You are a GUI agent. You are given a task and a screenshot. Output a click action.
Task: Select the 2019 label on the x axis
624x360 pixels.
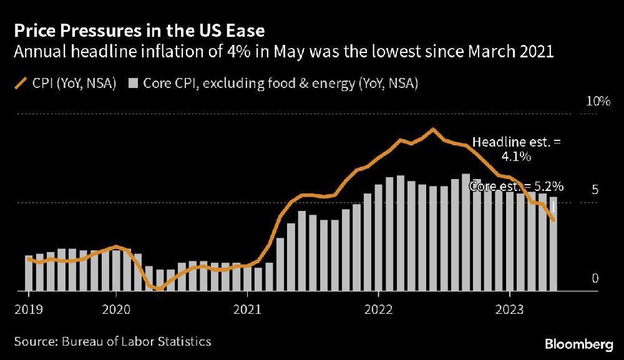(28, 308)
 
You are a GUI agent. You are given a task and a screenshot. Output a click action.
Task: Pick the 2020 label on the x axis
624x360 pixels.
(115, 308)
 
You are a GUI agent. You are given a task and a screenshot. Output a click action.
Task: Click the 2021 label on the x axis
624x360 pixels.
(247, 308)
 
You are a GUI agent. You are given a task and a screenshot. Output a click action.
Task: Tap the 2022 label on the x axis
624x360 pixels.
(379, 308)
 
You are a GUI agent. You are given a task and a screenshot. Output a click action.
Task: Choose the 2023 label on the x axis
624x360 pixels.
(510, 308)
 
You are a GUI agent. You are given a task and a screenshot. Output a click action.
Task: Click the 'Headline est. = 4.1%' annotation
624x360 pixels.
(516, 150)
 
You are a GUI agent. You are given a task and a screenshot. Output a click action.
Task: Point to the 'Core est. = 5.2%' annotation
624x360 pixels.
(517, 186)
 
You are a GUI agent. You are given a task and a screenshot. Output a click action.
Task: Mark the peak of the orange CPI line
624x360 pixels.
(432, 129)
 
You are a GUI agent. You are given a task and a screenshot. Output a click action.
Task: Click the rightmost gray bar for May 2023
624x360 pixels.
(553, 243)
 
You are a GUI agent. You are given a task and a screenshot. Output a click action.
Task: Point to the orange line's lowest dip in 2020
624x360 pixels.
(160, 289)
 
